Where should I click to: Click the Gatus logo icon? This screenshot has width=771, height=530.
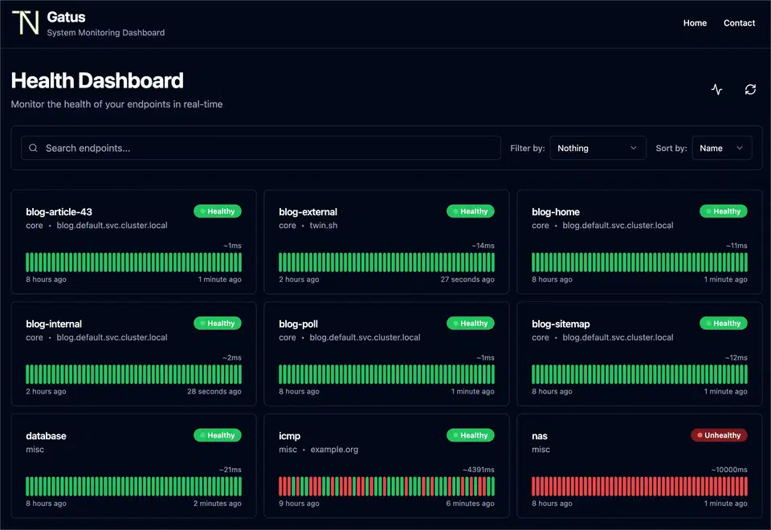(25, 23)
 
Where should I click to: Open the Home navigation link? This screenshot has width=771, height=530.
(695, 23)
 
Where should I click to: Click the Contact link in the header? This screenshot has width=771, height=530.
(739, 23)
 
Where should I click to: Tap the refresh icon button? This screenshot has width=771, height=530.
(750, 89)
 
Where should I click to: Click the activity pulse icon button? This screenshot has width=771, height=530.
(716, 89)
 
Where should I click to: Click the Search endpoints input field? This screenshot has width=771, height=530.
(261, 148)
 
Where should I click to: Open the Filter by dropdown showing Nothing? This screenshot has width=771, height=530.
(598, 148)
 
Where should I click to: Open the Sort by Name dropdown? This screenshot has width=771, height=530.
(721, 148)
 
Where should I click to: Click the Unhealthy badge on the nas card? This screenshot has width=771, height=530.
(719, 435)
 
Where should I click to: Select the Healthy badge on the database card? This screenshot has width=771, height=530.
(218, 435)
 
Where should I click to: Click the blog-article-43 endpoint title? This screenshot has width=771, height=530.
(59, 212)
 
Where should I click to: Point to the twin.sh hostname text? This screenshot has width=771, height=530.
(324, 226)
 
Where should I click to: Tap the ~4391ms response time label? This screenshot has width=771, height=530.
(478, 470)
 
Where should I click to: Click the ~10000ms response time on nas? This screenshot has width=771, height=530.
(729, 470)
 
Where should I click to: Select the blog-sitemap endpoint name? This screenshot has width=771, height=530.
(561, 324)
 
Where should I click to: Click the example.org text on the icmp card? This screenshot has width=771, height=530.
(334, 450)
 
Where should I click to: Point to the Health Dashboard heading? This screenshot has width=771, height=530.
(97, 80)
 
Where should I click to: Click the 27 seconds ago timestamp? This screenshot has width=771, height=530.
(467, 279)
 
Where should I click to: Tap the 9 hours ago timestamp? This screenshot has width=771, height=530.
(299, 503)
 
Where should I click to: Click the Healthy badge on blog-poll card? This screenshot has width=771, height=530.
(471, 324)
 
